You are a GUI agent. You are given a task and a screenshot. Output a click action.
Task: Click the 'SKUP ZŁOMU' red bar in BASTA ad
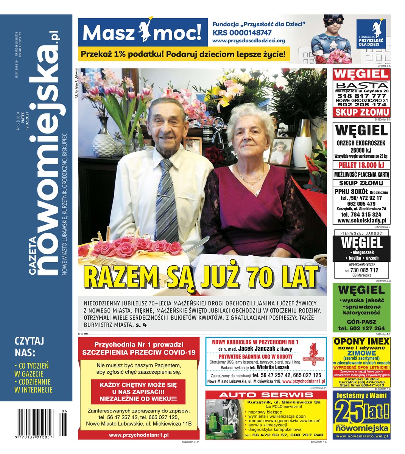pos(361,112)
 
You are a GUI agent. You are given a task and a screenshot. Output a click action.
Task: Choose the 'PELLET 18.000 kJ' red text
pos(361,165)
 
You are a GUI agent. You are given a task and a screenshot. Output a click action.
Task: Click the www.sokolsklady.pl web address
pos(361,220)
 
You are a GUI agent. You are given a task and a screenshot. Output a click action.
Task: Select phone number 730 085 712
pos(364,270)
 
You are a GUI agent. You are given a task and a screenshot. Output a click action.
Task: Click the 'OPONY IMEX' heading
pos(361,341)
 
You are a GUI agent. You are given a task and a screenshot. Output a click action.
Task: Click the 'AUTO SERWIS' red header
pos(261,395)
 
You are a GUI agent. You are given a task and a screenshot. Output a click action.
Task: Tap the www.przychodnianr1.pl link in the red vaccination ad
pos(139,435)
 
